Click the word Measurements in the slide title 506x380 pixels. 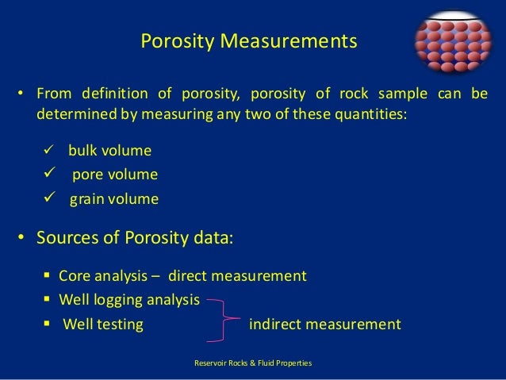click(302, 40)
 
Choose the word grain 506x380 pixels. click(88, 199)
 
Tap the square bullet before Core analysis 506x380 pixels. click(48, 276)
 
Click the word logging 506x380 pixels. click(117, 300)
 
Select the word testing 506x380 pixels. click(120, 324)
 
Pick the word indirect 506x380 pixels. click(277, 324)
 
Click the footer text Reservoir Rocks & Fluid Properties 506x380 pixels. click(253, 363)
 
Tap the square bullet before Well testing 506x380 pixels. click(48, 324)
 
